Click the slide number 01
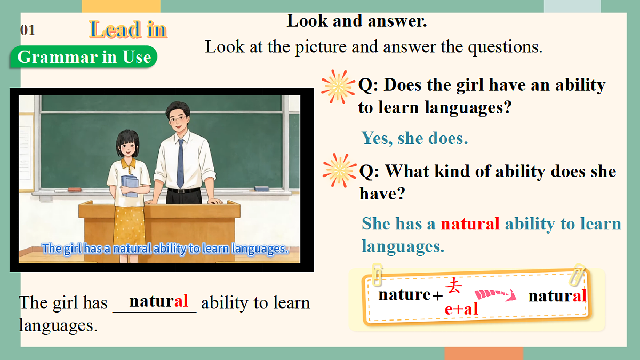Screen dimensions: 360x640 pos(28,30)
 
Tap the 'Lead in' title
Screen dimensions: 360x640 pos(128,29)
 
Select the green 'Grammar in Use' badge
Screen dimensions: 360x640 pos(84,57)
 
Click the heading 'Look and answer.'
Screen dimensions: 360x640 pos(357,21)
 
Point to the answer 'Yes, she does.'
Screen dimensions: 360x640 pos(414,138)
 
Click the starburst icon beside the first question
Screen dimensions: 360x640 pos(338,86)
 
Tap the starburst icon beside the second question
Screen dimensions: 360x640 pos(339,171)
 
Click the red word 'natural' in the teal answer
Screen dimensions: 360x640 pos(470,223)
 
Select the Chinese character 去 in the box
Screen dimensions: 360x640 pos(454,287)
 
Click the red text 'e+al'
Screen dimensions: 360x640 pos(461,308)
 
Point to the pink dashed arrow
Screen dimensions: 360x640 pos(495,294)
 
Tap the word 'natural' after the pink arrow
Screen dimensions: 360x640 pos(557,295)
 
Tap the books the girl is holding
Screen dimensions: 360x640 pos(130,186)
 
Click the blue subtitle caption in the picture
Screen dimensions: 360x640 pos(165,249)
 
